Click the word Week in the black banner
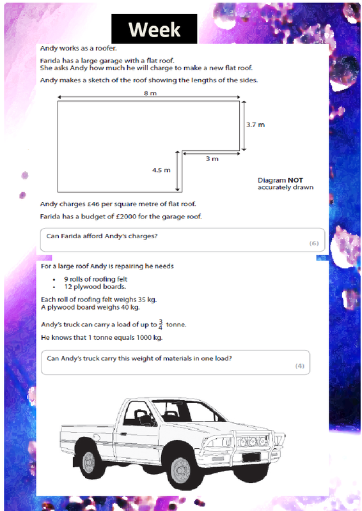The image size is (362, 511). coord(154,29)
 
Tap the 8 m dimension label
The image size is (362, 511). coord(150,93)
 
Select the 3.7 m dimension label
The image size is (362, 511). coord(256,125)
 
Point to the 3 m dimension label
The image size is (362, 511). coord(212,158)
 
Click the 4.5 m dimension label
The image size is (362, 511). coord(161,170)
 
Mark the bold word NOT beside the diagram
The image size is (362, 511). coord(295,180)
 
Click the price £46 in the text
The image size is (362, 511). coord(93,204)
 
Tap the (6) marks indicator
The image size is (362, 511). coord(314,243)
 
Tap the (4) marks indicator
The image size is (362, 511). coord(300,366)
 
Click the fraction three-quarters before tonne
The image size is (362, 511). coord(161,324)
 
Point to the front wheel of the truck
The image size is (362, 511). coord(180,470)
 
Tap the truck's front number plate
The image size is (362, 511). coord(251,457)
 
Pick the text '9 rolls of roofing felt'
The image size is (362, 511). coord(95,279)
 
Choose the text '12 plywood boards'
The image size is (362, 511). coord(95,287)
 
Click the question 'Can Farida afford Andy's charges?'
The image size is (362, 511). coord(102,236)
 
